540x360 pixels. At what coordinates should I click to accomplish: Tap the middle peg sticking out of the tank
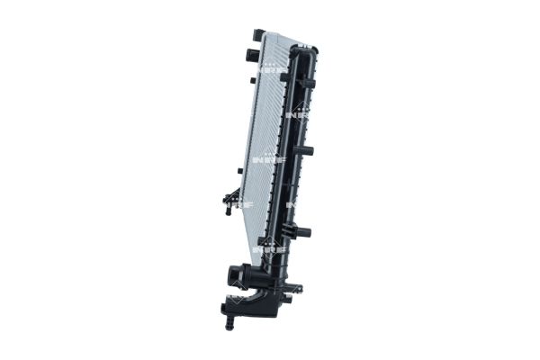[x=305, y=150]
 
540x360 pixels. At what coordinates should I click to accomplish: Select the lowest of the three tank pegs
[x=303, y=232]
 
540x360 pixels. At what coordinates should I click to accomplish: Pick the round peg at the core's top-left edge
[x=246, y=54]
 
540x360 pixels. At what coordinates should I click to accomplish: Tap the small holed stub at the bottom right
[x=298, y=289]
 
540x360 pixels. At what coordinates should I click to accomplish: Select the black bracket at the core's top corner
[x=258, y=35]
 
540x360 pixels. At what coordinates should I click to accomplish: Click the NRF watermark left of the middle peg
[x=271, y=160]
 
